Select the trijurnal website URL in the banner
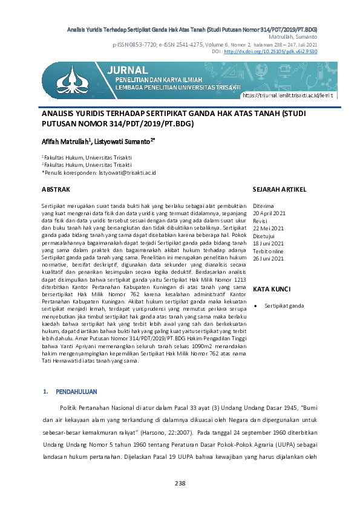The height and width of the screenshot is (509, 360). (x=280, y=96)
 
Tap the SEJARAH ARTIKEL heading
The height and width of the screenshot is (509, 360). (x=279, y=189)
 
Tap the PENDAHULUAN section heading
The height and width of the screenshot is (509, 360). (x=76, y=392)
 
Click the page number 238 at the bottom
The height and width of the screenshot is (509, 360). (x=180, y=483)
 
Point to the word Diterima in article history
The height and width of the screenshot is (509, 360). (x=263, y=206)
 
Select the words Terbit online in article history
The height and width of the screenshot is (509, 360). (x=269, y=251)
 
